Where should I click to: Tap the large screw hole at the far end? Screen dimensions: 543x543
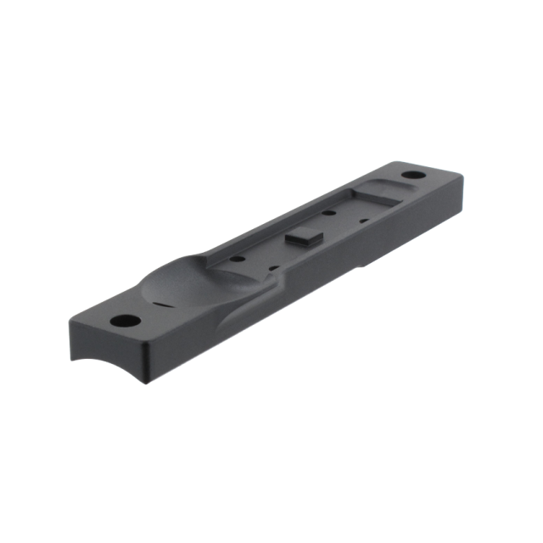point(415,177)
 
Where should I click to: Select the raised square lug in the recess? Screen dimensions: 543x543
point(302,240)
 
